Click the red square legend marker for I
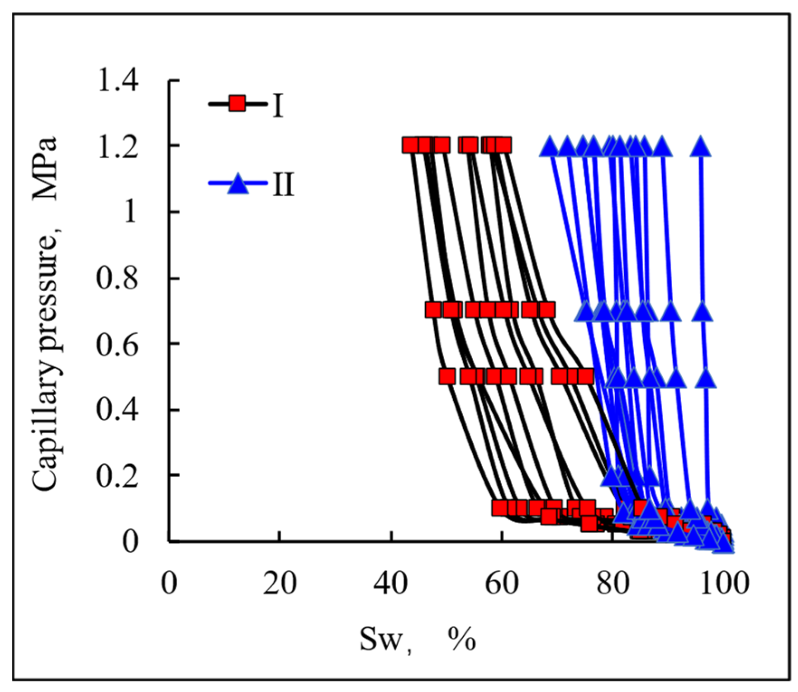coord(237,103)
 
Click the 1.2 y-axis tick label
coord(118,147)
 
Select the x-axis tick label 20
coord(280,583)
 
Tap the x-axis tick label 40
coord(390,583)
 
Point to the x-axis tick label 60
coord(501,583)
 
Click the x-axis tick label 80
coord(613,583)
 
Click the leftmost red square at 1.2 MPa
coord(411,145)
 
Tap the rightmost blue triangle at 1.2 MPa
coord(700,146)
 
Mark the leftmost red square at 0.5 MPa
coord(447,376)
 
